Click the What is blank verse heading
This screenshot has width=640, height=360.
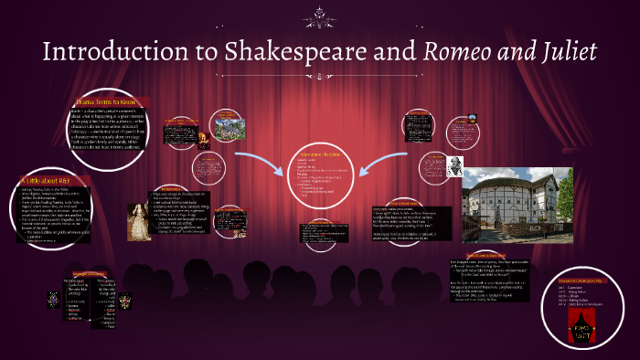403,202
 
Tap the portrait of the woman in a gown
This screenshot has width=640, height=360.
139,222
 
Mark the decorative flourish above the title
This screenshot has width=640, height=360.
320,12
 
